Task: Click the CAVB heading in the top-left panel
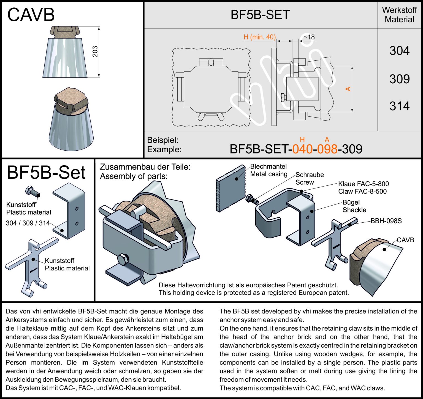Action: point(31,15)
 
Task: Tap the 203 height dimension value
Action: point(95,51)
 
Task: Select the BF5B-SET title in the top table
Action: point(260,15)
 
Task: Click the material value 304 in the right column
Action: point(399,51)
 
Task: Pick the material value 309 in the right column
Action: point(399,79)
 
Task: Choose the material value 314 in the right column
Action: point(399,106)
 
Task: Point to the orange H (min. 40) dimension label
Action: point(259,37)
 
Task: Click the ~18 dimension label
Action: point(309,37)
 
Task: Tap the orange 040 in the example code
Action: point(302,149)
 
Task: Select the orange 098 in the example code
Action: point(327,149)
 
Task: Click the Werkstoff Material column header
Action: point(399,15)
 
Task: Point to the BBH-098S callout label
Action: point(386,221)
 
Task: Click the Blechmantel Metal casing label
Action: point(269,170)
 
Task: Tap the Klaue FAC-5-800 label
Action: point(363,184)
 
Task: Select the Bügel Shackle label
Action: point(354,206)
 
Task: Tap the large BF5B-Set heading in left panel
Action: point(46,172)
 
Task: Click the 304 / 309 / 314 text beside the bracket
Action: point(28,223)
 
